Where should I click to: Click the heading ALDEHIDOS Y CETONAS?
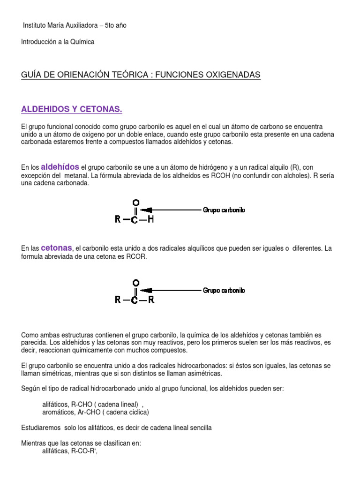(72, 109)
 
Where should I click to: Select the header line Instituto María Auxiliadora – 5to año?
(75, 25)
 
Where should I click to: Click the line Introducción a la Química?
(58, 42)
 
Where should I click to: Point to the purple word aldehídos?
(60, 167)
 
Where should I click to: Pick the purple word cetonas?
(56, 247)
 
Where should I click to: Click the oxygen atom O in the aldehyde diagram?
(135, 202)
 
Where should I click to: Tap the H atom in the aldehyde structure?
(151, 219)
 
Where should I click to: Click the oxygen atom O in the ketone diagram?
(135, 283)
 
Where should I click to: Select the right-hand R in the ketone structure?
(151, 300)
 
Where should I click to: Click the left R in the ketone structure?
(118, 300)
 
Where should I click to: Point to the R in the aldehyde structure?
(118, 219)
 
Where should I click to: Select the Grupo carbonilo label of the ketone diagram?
(224, 290)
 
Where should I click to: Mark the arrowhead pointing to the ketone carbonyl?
(146, 290)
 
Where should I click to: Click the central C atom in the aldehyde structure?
(135, 219)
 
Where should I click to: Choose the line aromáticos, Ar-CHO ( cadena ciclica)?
(96, 412)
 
